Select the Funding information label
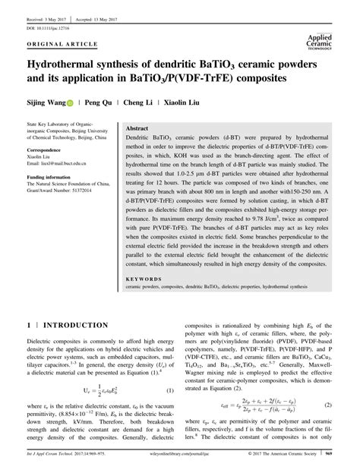pos(53,175)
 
